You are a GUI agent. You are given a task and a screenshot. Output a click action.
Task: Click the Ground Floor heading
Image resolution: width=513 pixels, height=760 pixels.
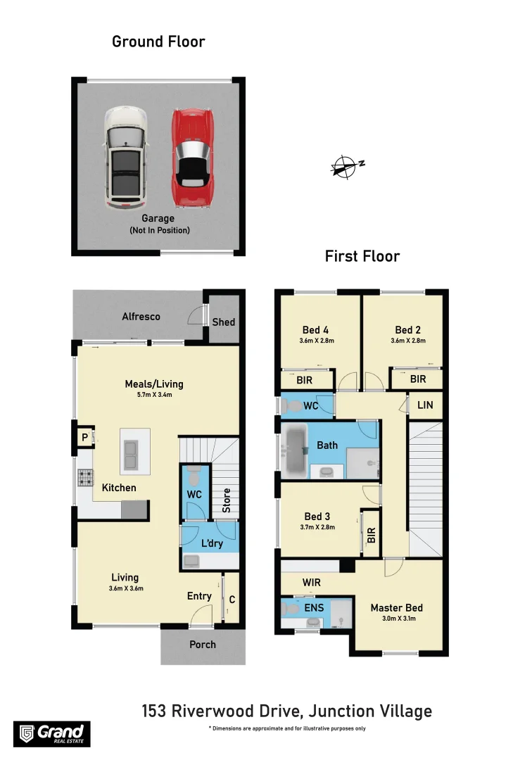[x=158, y=42]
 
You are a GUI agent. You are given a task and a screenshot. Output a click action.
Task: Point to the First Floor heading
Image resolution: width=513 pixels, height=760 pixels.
[x=362, y=256]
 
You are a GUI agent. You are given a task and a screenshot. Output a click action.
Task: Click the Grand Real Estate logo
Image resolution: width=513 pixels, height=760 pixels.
[x=51, y=733]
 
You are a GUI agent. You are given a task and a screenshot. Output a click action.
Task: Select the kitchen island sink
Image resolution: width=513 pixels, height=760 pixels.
[x=130, y=455]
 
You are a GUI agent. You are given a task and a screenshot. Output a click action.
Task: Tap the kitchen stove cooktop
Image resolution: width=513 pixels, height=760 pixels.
[x=85, y=478]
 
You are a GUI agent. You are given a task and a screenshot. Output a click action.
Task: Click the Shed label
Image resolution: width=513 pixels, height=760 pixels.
[x=224, y=322]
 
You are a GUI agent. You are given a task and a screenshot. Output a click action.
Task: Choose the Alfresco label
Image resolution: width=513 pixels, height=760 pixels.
[x=141, y=317]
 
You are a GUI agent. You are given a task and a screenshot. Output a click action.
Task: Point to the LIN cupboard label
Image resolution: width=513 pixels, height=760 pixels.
[x=425, y=405]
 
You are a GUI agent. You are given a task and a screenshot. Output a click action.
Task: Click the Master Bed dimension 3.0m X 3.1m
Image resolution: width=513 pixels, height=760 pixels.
[x=397, y=619]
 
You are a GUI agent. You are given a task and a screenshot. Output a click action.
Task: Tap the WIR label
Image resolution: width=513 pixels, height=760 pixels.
[x=312, y=583]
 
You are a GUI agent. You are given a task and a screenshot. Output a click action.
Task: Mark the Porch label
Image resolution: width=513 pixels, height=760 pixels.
[x=203, y=645]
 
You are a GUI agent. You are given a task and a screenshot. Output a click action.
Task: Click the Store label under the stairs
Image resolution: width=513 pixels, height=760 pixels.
[x=227, y=500]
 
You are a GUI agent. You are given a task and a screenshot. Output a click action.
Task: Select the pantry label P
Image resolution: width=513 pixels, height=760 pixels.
[x=84, y=438]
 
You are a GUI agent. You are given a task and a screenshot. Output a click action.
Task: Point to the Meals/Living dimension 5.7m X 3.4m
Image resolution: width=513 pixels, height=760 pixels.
[x=153, y=395]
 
